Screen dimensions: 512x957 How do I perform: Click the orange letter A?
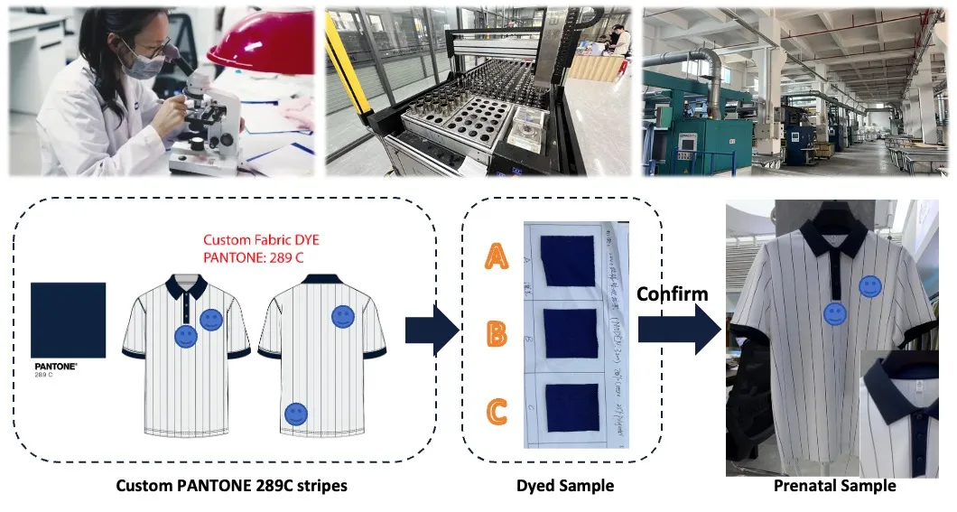point(497,258)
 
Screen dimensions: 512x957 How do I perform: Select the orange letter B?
point(497,333)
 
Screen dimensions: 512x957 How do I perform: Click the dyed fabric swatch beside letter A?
point(565,258)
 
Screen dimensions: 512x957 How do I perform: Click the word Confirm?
point(673,294)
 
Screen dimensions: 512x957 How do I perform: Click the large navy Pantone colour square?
point(69,321)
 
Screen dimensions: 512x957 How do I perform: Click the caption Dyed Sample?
point(564,486)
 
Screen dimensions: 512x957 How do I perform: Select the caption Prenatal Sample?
point(834,486)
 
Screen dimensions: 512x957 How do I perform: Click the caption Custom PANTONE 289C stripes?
point(231,486)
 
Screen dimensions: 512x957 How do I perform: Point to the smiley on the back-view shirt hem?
point(295,414)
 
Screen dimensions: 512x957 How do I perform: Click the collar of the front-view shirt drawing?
point(186,288)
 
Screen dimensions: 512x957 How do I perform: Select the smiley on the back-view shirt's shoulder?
point(342,316)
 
